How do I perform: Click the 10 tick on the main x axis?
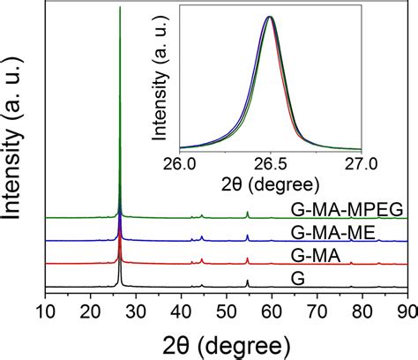[46, 311]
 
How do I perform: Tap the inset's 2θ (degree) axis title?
[270, 184]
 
